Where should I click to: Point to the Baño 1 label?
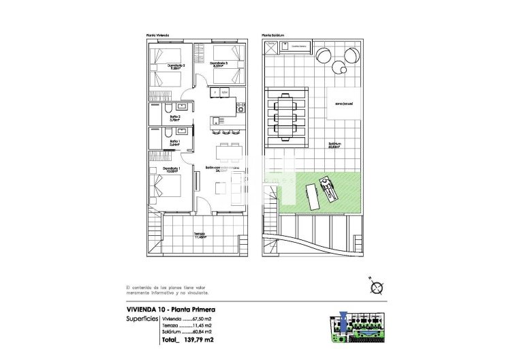point(175,142)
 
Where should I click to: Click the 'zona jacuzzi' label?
point(343,104)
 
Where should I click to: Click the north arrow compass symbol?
point(375,287)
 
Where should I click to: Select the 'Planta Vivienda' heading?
point(157,35)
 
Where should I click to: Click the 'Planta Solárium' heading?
point(272,35)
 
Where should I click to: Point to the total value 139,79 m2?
point(196,340)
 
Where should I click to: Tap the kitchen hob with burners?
point(240,106)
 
